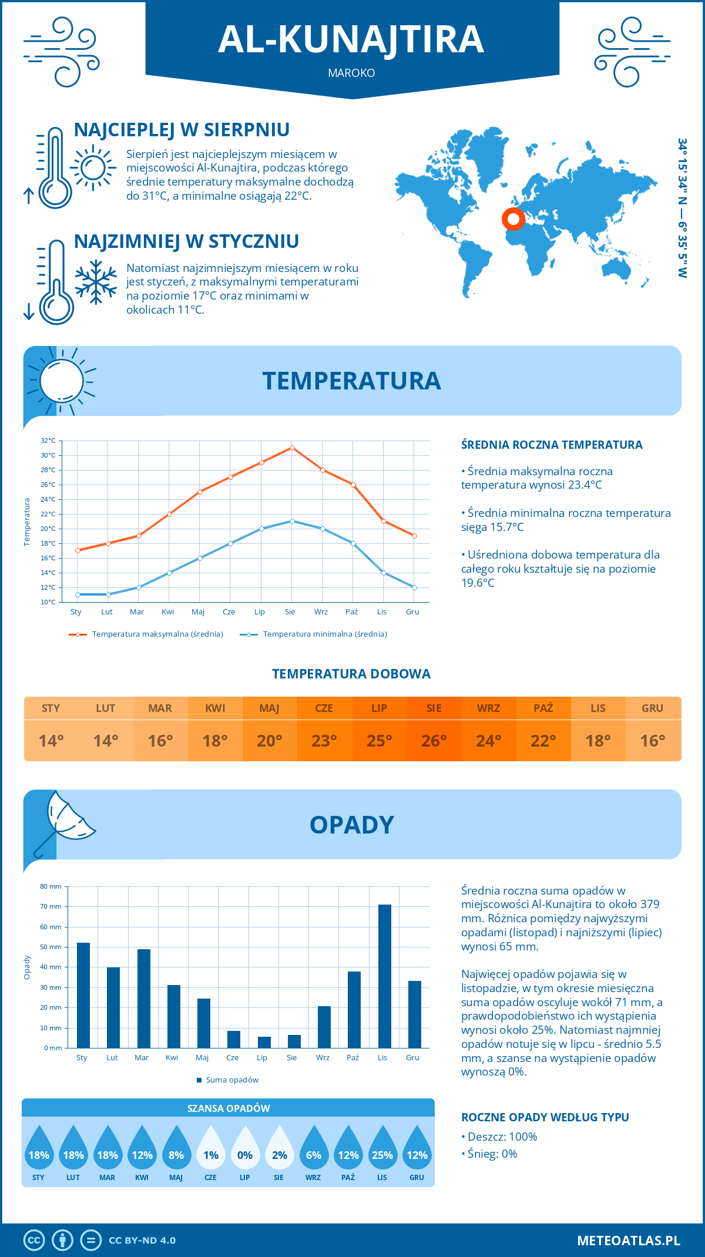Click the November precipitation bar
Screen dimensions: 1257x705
click(x=385, y=976)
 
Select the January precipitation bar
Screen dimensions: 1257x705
click(x=83, y=995)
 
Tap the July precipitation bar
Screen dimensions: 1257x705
click(x=264, y=1042)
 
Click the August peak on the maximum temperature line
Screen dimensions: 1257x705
click(x=292, y=448)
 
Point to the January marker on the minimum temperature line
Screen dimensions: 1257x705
click(x=78, y=594)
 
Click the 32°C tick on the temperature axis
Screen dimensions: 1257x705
click(x=48, y=441)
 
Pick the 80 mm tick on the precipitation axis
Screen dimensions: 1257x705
click(x=51, y=886)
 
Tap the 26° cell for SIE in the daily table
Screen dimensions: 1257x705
click(x=434, y=741)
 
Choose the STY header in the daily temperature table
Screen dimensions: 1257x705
click(x=51, y=708)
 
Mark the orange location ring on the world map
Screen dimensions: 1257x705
click(x=513, y=219)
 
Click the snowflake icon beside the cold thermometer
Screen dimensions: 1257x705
click(x=96, y=282)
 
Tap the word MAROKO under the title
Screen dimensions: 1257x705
click(x=351, y=73)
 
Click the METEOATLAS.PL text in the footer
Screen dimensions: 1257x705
click(x=629, y=1241)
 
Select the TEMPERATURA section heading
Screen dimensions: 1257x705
click(x=351, y=381)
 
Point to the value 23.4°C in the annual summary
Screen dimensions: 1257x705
click(x=581, y=485)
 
